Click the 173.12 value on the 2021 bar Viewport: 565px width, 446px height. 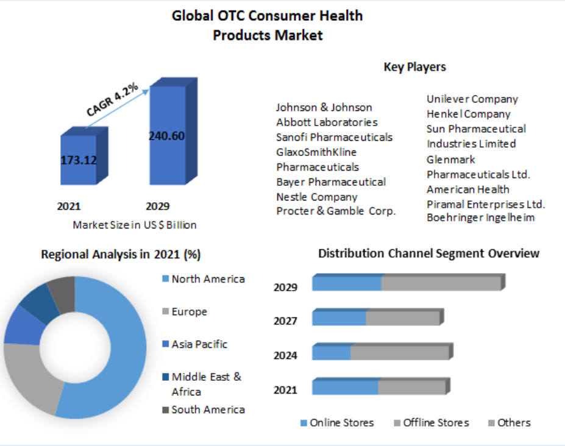(x=79, y=160)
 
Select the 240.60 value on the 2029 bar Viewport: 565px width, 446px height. (x=166, y=136)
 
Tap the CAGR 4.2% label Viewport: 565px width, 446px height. (x=112, y=99)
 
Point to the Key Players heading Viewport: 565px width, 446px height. (x=414, y=67)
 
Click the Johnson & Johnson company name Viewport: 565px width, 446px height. (x=324, y=107)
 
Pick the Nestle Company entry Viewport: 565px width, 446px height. (x=317, y=197)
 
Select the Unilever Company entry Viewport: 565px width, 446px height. (x=472, y=99)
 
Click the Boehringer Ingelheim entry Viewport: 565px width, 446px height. (x=481, y=218)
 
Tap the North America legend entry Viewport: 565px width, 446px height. (x=208, y=279)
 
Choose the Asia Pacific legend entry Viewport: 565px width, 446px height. (x=199, y=344)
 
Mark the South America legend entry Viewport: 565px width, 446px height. (x=208, y=409)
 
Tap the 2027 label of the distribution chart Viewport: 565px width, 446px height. (x=285, y=321)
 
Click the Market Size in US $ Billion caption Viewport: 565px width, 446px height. (x=135, y=225)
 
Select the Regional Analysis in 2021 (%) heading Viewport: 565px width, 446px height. (x=121, y=254)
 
